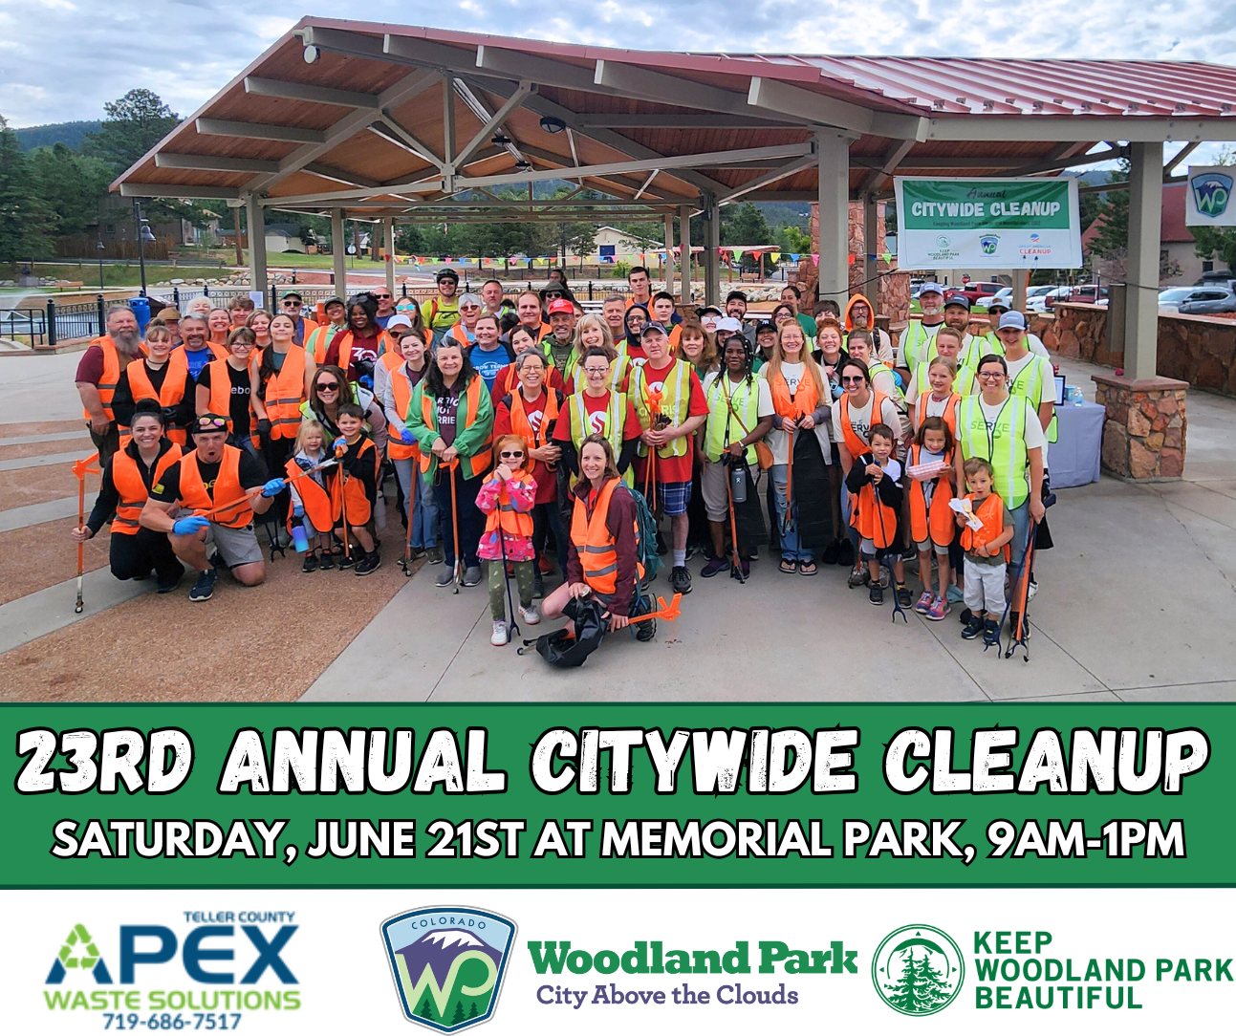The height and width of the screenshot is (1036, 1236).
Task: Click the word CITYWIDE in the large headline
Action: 694,762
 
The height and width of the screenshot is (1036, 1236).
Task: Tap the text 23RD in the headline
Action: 104,762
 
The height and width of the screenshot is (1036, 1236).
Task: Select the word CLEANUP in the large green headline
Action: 1047,762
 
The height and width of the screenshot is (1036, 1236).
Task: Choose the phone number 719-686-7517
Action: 172,1022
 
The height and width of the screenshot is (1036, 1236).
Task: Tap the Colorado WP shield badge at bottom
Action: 448,968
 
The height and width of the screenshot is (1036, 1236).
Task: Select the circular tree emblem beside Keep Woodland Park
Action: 918,969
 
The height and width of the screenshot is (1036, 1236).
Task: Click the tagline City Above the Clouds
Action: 666,995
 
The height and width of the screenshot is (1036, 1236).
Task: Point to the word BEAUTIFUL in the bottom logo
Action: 1058,999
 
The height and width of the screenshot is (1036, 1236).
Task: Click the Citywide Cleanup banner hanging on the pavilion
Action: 987,222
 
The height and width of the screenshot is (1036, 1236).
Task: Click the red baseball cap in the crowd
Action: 561,308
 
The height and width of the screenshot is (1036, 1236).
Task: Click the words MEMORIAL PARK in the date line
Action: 780,840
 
